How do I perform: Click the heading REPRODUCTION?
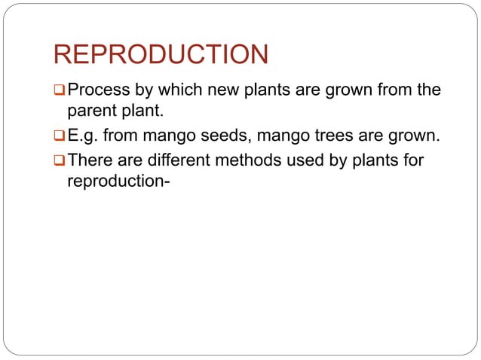(x=161, y=54)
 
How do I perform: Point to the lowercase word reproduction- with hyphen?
(x=114, y=182)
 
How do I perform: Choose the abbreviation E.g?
(x=84, y=137)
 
